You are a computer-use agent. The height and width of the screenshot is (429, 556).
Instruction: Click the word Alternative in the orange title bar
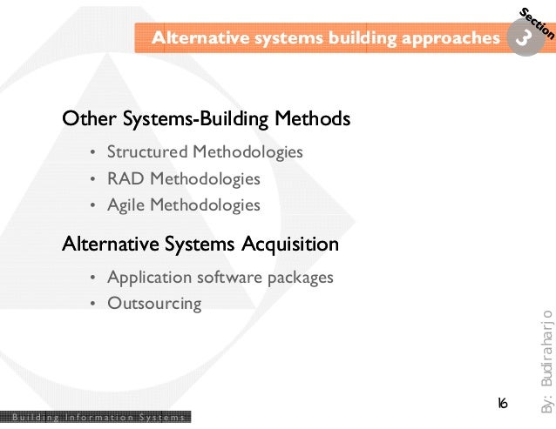(x=194, y=38)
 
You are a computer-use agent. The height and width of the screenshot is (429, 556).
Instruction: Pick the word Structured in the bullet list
(x=147, y=152)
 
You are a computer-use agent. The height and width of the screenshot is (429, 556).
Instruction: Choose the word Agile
(x=125, y=206)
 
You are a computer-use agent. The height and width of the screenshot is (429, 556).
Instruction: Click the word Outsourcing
(x=154, y=305)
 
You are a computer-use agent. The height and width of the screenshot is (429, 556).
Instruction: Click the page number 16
(x=503, y=404)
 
